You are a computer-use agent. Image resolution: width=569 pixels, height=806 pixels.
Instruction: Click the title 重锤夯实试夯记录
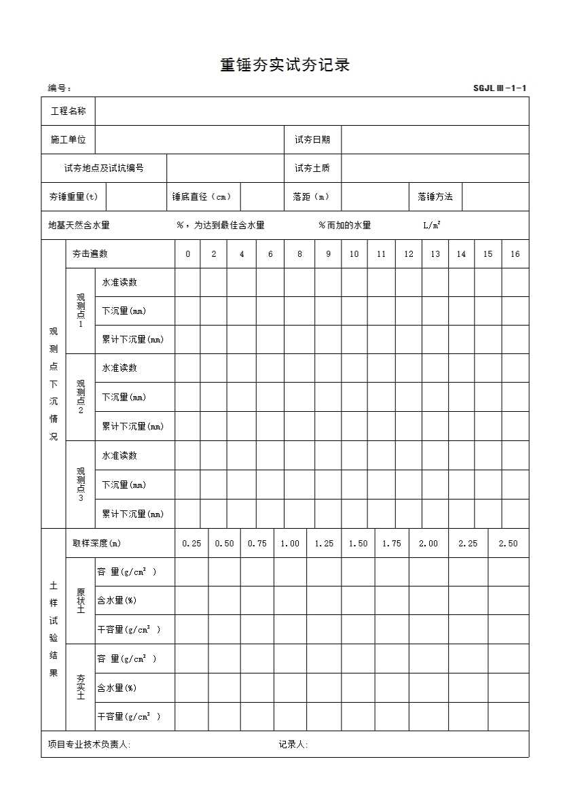tap(284, 65)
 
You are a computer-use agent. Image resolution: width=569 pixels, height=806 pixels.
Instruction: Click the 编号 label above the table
tap(60, 88)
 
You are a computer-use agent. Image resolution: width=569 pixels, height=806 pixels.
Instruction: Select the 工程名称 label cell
tap(69, 111)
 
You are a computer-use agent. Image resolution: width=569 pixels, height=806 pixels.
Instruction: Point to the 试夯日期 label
tap(312, 139)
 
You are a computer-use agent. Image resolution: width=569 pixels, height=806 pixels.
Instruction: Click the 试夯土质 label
tap(312, 168)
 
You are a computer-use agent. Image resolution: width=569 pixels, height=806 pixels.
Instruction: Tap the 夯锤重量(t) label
tap(73, 196)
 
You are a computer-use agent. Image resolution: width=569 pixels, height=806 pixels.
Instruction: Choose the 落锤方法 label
tap(435, 196)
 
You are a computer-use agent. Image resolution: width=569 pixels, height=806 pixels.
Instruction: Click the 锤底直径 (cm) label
tap(202, 196)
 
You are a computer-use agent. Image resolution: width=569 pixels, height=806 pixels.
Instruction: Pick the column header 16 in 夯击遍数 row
tap(515, 254)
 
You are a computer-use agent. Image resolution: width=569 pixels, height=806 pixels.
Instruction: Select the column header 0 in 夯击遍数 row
tap(187, 254)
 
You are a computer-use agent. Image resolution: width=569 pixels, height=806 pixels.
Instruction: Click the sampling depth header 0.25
tap(191, 543)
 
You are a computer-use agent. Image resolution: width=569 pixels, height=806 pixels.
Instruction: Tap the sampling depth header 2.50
tap(508, 543)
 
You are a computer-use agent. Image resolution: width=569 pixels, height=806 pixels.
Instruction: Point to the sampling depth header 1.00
tap(290, 543)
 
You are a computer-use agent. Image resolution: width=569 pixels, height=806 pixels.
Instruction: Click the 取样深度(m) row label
tap(97, 543)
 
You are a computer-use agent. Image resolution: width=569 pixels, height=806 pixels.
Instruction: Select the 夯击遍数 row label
tap(90, 254)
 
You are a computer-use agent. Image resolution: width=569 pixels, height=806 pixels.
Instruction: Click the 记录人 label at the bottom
tap(293, 744)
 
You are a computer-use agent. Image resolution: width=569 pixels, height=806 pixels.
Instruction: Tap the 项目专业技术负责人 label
tap(89, 744)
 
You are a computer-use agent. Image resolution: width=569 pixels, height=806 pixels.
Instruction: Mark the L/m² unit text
tap(432, 225)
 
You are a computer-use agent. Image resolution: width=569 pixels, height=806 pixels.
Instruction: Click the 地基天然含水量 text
tap(79, 225)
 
